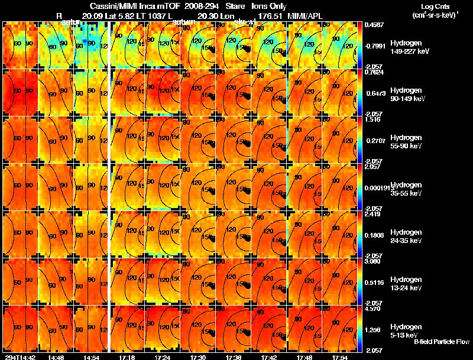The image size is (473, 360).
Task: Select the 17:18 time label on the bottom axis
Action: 127,356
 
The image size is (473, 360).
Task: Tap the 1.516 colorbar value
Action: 372,119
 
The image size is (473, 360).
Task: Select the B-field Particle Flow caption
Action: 441,342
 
